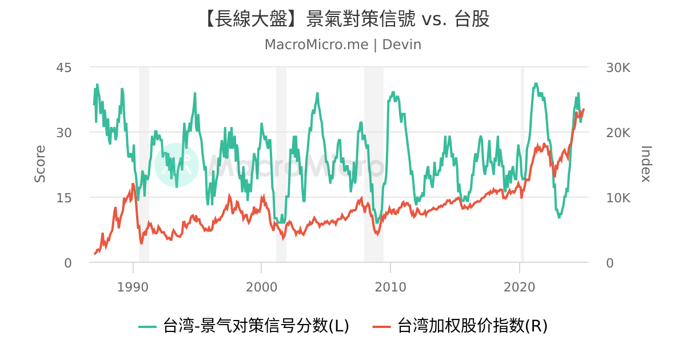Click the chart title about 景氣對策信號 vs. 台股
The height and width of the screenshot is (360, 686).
(x=343, y=19)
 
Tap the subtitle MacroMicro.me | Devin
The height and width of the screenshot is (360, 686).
(x=343, y=45)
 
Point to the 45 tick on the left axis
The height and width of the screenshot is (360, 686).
(x=64, y=67)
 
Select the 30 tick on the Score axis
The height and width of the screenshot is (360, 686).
(x=64, y=133)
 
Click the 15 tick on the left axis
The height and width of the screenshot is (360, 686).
(x=64, y=198)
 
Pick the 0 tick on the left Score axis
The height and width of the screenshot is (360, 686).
(x=68, y=263)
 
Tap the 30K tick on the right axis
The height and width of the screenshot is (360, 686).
(x=618, y=67)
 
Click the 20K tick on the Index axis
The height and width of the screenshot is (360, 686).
(x=618, y=133)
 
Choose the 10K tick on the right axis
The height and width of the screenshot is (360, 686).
(x=618, y=198)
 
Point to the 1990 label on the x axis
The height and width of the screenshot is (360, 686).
(x=133, y=286)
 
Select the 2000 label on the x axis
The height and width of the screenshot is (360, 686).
(x=261, y=286)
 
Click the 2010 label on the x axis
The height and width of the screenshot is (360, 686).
(x=390, y=286)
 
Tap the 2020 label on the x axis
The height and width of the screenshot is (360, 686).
(x=520, y=286)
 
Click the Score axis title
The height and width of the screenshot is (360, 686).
(x=40, y=164)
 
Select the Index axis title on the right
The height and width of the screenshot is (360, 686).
(x=646, y=164)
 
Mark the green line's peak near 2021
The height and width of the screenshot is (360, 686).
(x=536, y=83)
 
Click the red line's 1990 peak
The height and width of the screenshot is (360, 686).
(x=133, y=184)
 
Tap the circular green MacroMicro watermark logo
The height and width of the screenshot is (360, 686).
(x=176, y=166)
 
